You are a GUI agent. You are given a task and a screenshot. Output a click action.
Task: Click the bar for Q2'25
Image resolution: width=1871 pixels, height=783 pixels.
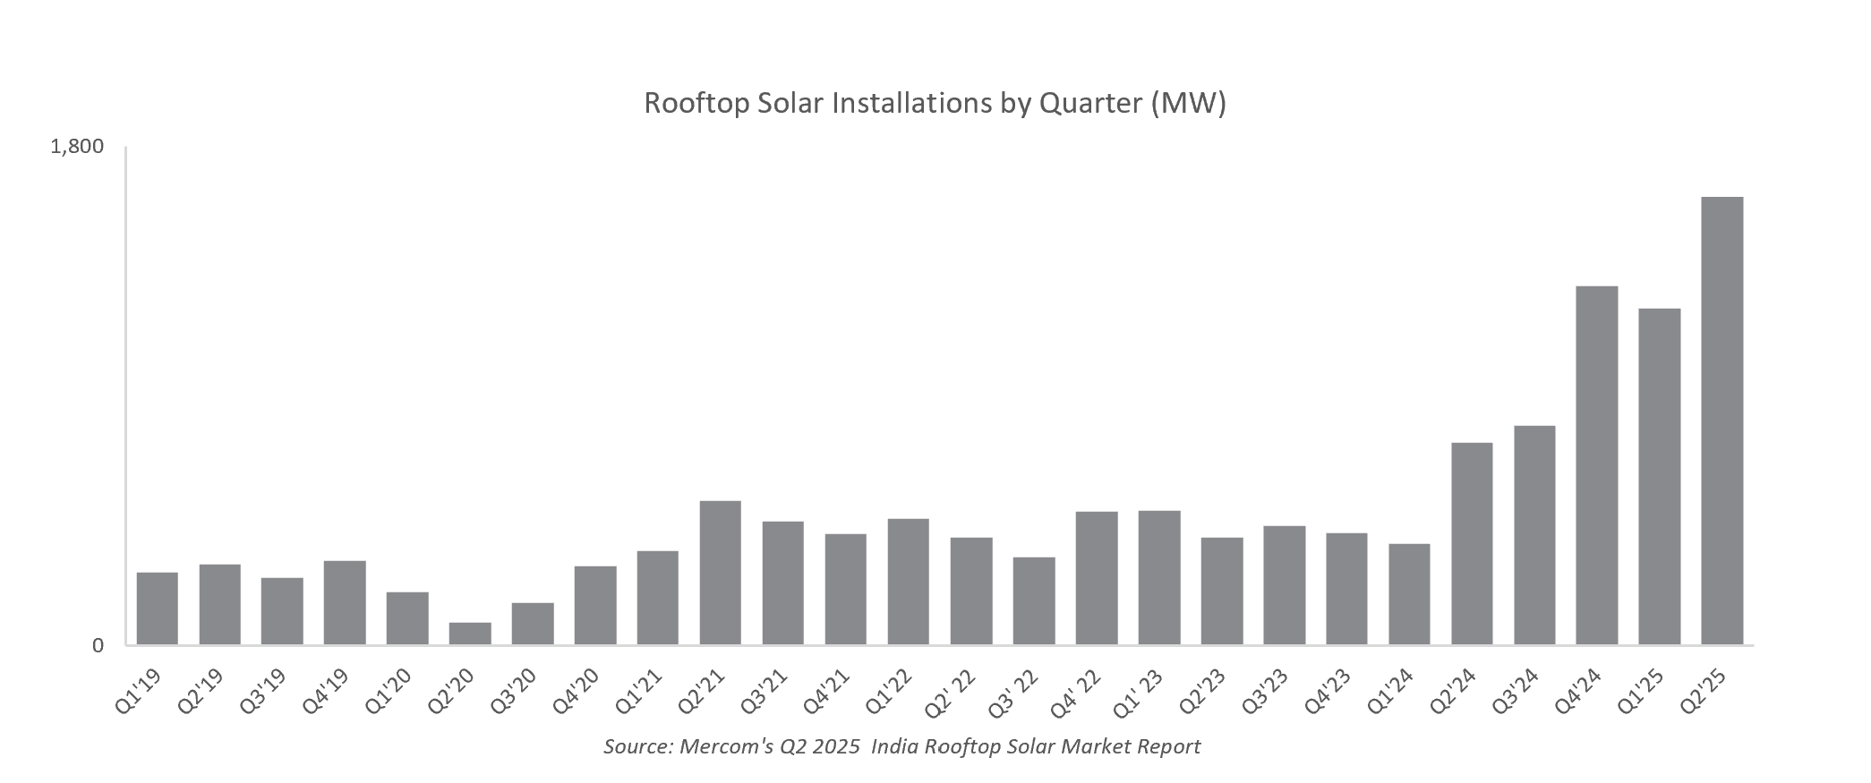click(1721, 421)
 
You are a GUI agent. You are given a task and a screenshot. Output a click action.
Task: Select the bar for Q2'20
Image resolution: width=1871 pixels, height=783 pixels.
click(470, 634)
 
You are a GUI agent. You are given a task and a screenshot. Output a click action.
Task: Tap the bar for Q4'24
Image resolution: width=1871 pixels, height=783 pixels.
click(1596, 465)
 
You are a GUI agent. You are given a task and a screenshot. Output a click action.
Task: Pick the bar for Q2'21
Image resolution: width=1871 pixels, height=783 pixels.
click(721, 573)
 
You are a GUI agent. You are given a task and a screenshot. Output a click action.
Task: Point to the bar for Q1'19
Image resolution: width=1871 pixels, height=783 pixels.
click(158, 609)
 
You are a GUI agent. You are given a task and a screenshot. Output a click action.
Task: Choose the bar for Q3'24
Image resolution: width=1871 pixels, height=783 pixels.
click(1534, 535)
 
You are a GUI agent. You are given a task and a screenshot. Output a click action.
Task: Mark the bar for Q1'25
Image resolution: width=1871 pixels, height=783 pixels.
click(1659, 477)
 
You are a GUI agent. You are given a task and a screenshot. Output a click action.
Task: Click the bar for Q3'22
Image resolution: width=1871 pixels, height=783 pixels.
click(1034, 600)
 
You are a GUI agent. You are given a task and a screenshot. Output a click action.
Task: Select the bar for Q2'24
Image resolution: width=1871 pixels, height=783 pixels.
click(1472, 544)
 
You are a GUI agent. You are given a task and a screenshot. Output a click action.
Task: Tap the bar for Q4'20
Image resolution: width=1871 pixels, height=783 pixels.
click(595, 605)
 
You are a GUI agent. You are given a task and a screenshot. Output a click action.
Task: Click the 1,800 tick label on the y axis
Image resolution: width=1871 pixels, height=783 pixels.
click(78, 146)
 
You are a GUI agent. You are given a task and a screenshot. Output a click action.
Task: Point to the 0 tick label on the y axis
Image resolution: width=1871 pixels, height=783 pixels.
click(98, 645)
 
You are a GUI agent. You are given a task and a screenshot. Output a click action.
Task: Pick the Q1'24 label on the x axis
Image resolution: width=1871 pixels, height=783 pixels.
click(1392, 692)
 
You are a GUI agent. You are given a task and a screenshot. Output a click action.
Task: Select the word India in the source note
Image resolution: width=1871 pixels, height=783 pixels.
click(893, 746)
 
